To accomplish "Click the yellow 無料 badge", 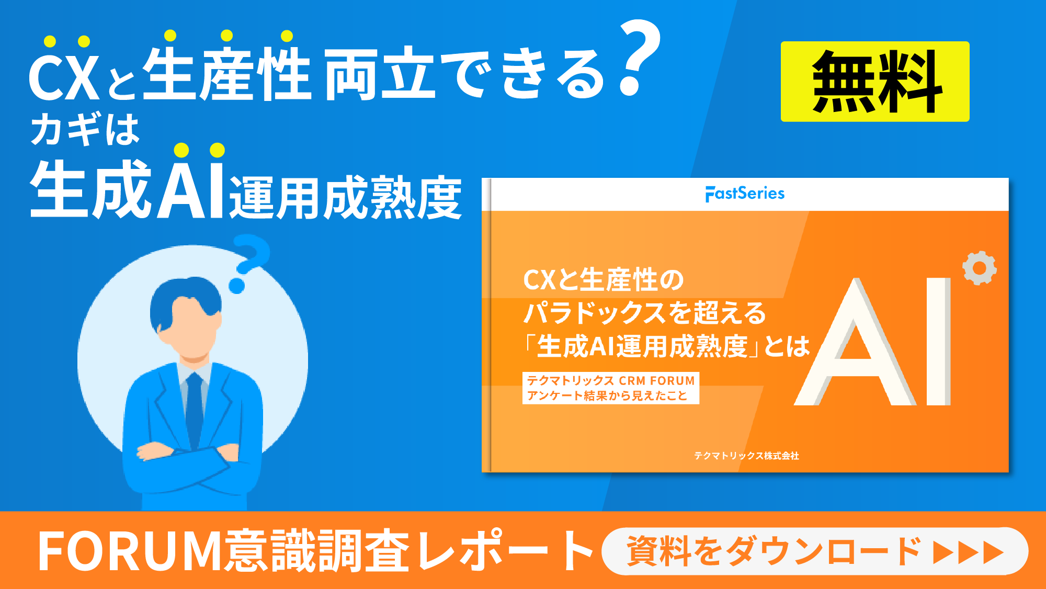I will point(874,82).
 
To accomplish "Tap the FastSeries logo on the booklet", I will point(745,194).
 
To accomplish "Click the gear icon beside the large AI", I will point(979,268).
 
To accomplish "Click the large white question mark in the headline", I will point(639,58).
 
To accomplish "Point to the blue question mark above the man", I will point(249,262).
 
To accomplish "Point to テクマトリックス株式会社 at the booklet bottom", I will point(746,456).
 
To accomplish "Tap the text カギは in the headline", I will point(85,130).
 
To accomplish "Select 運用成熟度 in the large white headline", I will point(345,198).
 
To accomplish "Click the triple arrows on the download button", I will point(968,552).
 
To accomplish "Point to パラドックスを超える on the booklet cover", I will point(644,313).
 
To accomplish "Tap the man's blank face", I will point(194,327).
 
